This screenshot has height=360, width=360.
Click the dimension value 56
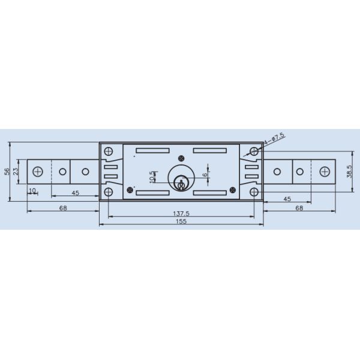(x=7, y=171)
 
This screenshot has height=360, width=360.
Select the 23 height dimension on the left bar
(x=16, y=171)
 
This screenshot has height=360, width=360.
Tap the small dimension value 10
(x=32, y=190)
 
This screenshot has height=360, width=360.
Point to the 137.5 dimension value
(x=180, y=214)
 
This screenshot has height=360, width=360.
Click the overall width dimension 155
(x=181, y=221)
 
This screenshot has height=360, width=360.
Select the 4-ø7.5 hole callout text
(x=274, y=138)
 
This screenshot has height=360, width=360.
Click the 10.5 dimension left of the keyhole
(x=152, y=176)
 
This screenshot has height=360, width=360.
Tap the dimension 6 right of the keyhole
(x=206, y=175)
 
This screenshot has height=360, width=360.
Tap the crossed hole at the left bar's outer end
(x=38, y=172)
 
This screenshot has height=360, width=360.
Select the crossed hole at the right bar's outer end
(x=324, y=172)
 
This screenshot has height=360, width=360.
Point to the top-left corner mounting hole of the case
(x=109, y=152)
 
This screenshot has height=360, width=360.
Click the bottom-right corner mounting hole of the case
(x=254, y=192)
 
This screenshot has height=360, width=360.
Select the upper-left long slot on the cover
(x=152, y=150)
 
